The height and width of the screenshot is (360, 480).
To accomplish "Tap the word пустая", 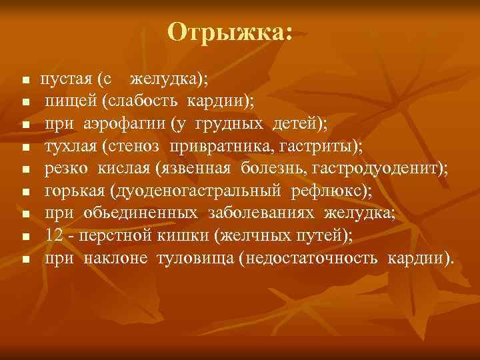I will pyautogui.click(x=65, y=79).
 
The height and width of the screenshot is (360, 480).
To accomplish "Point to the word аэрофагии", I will pyautogui.click(x=116, y=125).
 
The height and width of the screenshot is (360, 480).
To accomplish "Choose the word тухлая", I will pyautogui.click(x=70, y=147).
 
